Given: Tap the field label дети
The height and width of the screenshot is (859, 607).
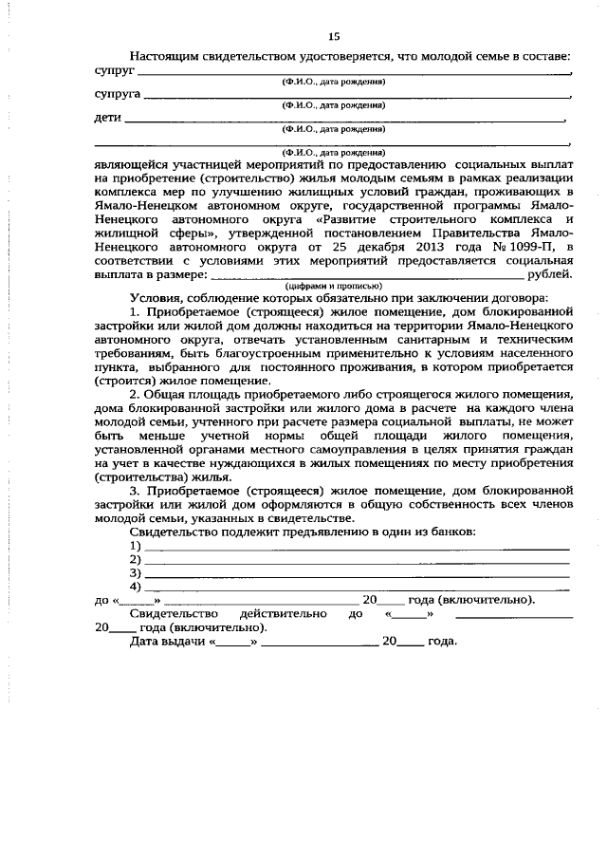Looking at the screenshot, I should (108, 119).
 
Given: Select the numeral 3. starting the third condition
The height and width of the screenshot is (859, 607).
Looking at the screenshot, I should (136, 491).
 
